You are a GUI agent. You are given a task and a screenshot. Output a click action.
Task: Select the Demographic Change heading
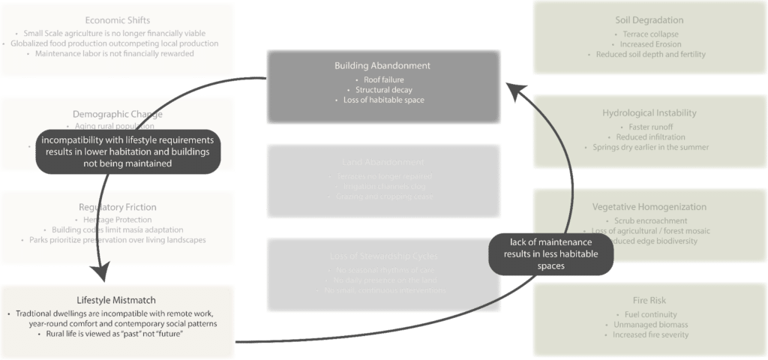point(118,114)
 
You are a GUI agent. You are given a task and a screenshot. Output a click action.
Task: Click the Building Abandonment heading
point(382,66)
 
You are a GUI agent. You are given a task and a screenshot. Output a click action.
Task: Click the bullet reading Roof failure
point(382,79)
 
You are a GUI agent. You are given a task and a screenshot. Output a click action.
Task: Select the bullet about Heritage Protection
point(118,218)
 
